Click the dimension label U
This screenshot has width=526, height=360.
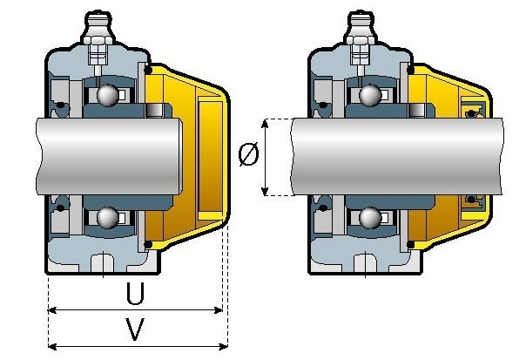point(135,293)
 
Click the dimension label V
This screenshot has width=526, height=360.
point(135,329)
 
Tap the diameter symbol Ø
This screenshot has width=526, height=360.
point(248,154)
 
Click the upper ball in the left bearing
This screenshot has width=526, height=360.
point(108,95)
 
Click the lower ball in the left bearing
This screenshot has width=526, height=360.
point(108,218)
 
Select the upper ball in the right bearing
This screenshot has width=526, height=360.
point(370,95)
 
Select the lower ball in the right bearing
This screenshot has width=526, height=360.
point(370,218)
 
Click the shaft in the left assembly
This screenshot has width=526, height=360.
point(109,157)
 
